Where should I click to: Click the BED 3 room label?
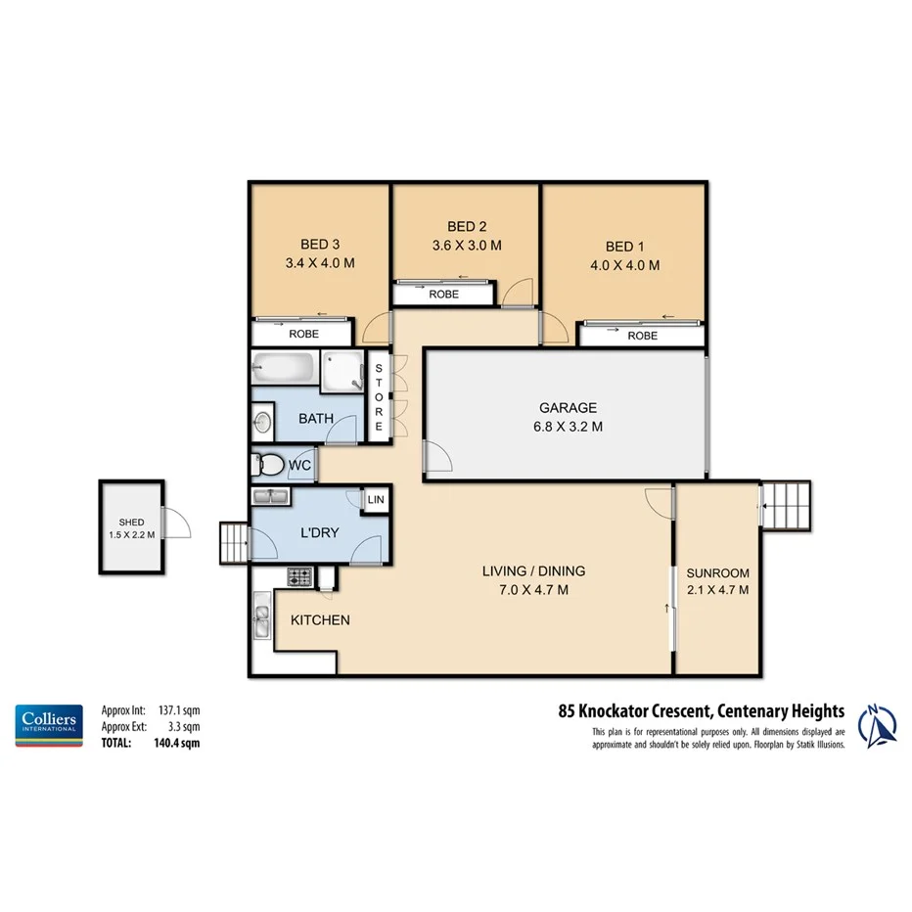pos(318,245)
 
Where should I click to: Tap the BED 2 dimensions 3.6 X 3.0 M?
pos(466,246)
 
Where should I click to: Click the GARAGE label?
pos(568,408)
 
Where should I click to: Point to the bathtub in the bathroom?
pos(284,370)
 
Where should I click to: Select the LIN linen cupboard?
pos(375,500)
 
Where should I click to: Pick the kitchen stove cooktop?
pos(298,576)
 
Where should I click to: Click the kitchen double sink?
pos(262,619)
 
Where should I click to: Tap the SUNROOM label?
pos(717,572)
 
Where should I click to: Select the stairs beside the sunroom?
pos(786,506)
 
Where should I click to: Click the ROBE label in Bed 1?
pos(642,336)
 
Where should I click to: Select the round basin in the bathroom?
pos(262,422)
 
